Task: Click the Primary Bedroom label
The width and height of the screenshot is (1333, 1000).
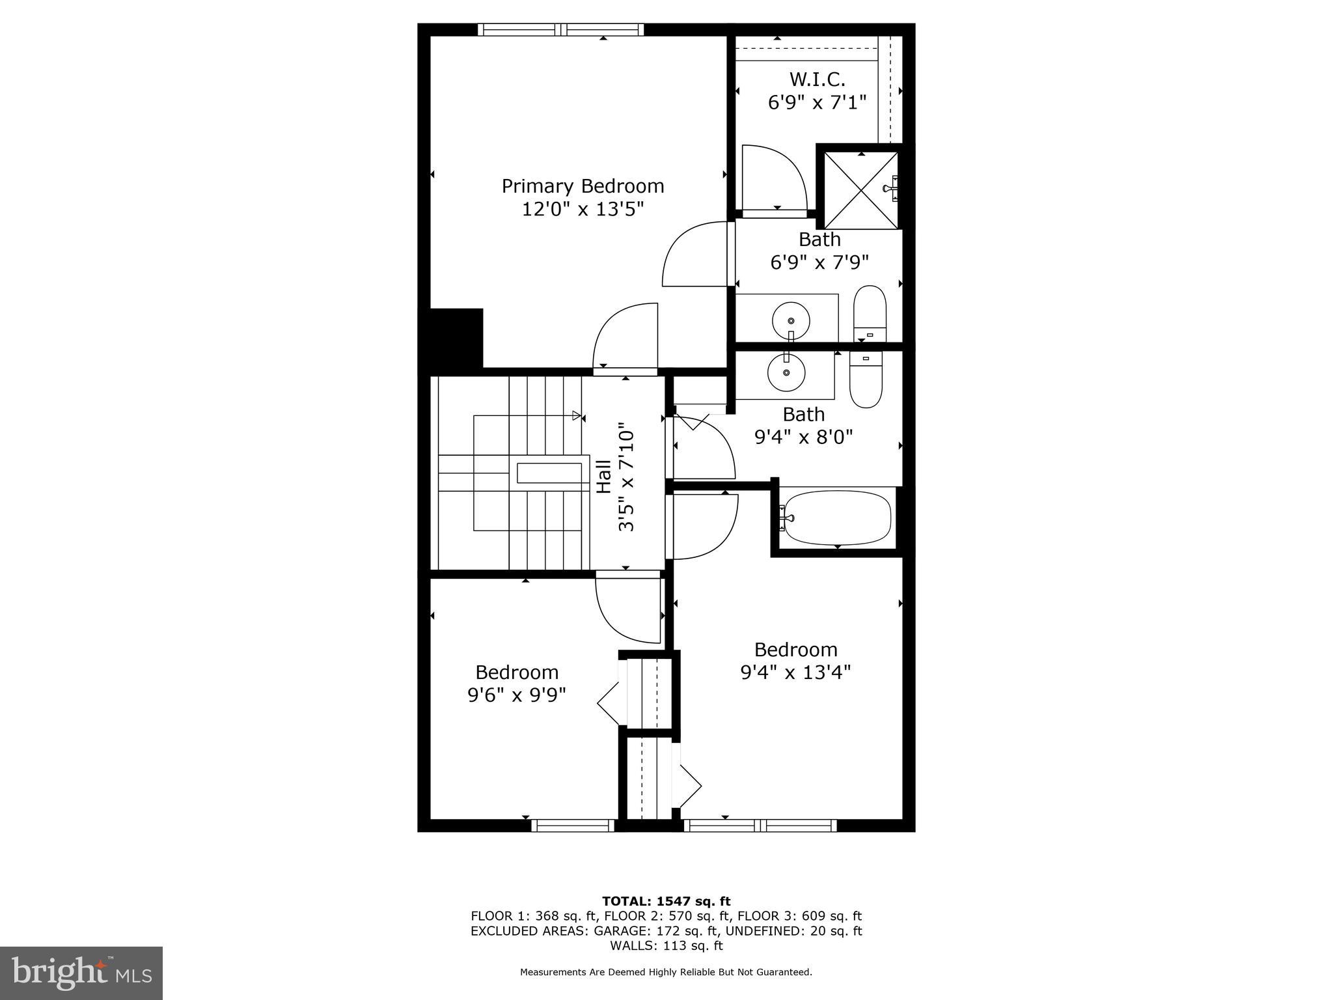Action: tap(583, 186)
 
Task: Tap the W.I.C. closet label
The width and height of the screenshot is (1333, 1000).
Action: tap(817, 79)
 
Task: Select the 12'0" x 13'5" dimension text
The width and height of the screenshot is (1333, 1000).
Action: tap(583, 209)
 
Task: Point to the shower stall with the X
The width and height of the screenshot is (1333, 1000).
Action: tap(860, 189)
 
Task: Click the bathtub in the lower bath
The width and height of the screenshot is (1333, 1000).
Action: tap(837, 518)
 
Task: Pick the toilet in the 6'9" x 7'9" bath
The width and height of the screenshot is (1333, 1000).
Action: tap(870, 314)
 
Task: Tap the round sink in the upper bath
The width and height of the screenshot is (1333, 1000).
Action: tap(791, 320)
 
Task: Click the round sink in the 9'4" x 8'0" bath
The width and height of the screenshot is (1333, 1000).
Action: tap(786, 372)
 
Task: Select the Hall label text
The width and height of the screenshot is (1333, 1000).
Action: tap(604, 477)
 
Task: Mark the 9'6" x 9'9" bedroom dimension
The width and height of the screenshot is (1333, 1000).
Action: tap(517, 695)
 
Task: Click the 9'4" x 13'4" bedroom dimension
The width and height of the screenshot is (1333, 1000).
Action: tap(795, 672)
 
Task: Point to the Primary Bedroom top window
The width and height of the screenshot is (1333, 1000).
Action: tap(560, 29)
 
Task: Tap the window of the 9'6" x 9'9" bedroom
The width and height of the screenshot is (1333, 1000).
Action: tap(573, 826)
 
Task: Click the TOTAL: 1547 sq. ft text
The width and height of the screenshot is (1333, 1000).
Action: tap(666, 901)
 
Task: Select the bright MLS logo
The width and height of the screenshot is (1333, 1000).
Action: tap(81, 973)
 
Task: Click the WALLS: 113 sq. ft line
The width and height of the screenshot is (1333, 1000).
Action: tap(666, 945)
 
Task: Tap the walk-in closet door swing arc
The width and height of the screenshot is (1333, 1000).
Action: tap(775, 176)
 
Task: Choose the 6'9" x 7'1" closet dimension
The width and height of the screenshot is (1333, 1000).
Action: tap(817, 102)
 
